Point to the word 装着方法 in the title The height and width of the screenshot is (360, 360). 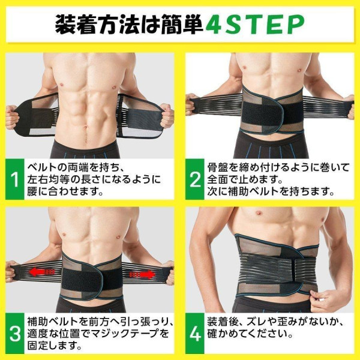pos(91,25)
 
